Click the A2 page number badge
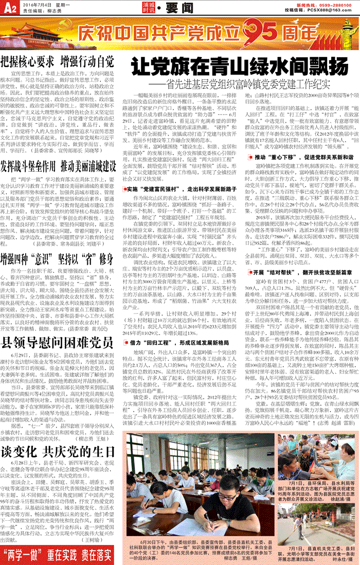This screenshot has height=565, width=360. click(9, 7)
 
